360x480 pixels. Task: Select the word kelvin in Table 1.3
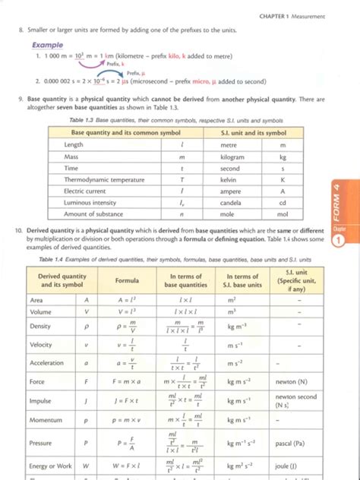tap(229, 180)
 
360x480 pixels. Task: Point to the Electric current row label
tap(85, 192)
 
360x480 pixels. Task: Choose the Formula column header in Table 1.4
tap(127, 280)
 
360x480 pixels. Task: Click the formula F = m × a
tap(127, 381)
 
